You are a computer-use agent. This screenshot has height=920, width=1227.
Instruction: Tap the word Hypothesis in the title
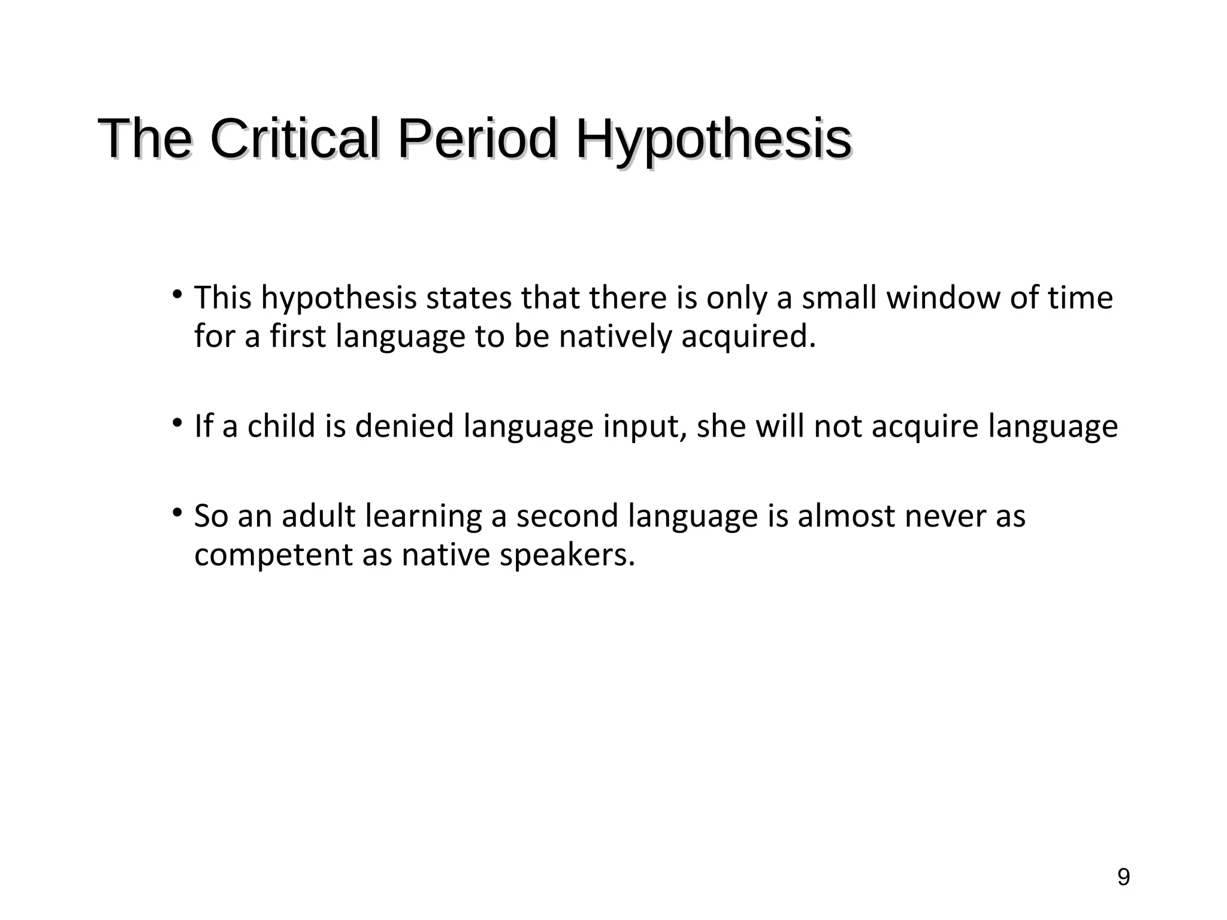713,140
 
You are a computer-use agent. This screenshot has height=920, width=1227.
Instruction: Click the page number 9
1123,877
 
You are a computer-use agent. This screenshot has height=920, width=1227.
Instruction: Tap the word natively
615,336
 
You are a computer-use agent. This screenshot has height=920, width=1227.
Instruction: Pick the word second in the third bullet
567,516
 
